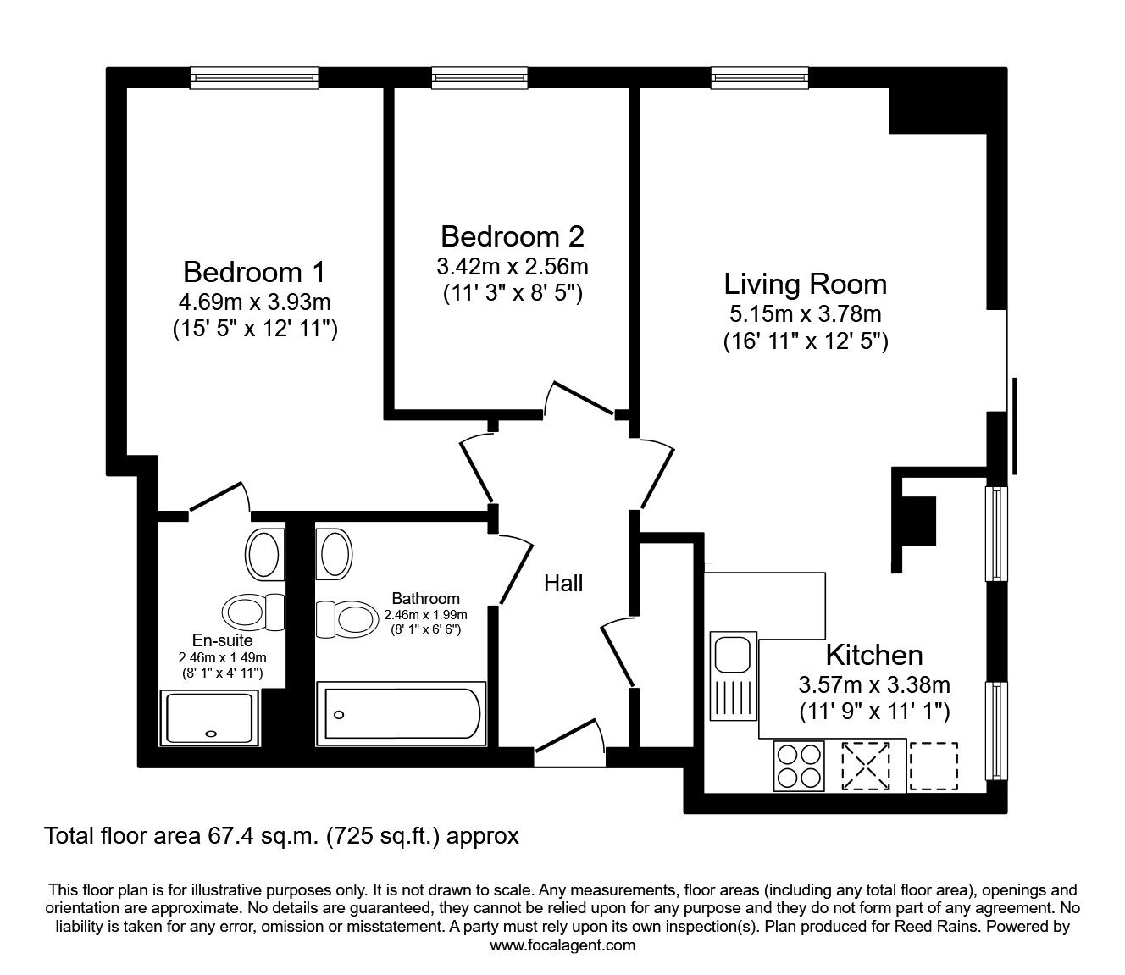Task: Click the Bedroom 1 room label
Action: tap(254, 272)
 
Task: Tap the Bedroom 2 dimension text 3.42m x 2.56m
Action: tap(513, 268)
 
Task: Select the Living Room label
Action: tap(805, 284)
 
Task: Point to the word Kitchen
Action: tap(874, 656)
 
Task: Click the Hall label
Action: tap(563, 584)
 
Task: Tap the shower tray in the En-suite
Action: tap(209, 718)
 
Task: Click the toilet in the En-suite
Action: tap(253, 612)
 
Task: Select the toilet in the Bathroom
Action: tap(347, 619)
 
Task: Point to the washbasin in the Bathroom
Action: tap(334, 555)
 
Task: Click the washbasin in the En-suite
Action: tap(265, 555)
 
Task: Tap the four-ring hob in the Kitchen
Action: tap(799, 767)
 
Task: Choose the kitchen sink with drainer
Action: tap(734, 676)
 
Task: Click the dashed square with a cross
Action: tap(866, 767)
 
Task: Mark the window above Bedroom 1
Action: tap(254, 77)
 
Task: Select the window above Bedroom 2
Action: tap(479, 77)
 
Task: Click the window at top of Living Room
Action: tap(759, 77)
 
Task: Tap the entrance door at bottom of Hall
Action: tap(570, 744)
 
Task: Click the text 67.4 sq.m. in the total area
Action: tap(259, 835)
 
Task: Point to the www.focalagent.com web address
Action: tap(562, 945)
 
